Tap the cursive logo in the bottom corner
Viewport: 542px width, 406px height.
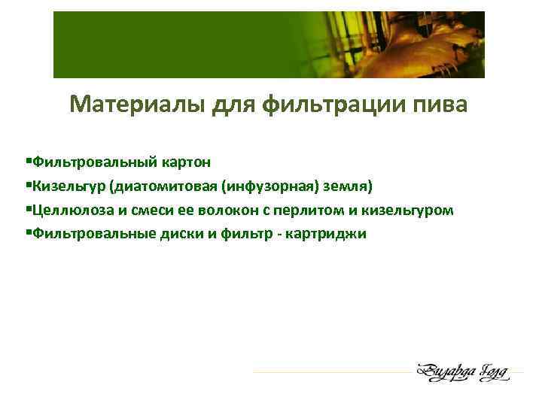tap(462, 371)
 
